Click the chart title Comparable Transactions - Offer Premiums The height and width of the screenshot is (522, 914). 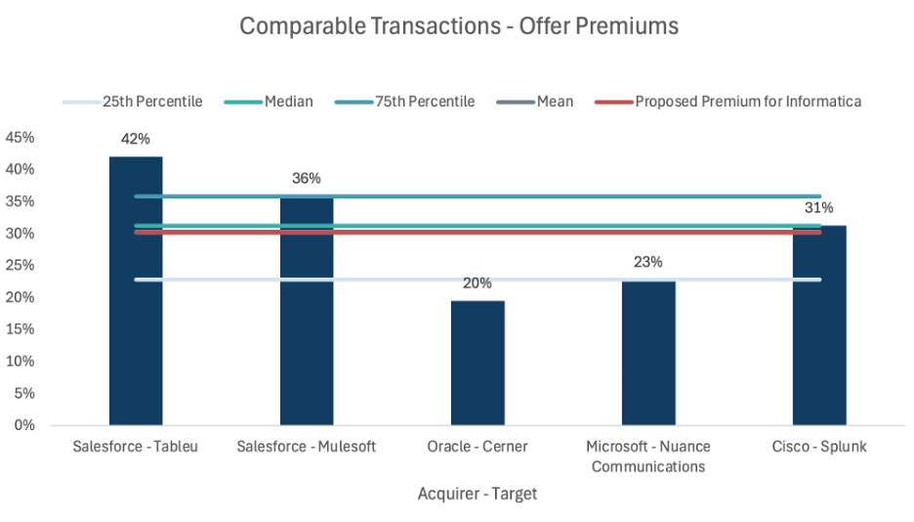pyautogui.click(x=459, y=26)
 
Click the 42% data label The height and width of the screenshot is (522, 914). pyautogui.click(x=135, y=139)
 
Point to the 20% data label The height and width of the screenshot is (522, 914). pyautogui.click(x=478, y=283)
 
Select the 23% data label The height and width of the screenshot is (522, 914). pyautogui.click(x=648, y=262)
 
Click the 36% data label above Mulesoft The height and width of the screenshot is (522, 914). pyautogui.click(x=307, y=178)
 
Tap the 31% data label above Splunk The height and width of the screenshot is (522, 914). pyautogui.click(x=818, y=207)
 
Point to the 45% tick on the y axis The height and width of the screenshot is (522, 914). pyautogui.click(x=21, y=138)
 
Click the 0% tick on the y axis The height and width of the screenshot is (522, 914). pyautogui.click(x=23, y=425)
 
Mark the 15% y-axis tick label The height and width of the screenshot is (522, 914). pyautogui.click(x=21, y=329)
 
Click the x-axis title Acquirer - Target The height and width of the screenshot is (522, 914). pyautogui.click(x=478, y=494)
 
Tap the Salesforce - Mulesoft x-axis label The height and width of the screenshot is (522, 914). pyautogui.click(x=307, y=447)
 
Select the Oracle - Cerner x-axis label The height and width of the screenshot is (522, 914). pyautogui.click(x=478, y=447)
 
